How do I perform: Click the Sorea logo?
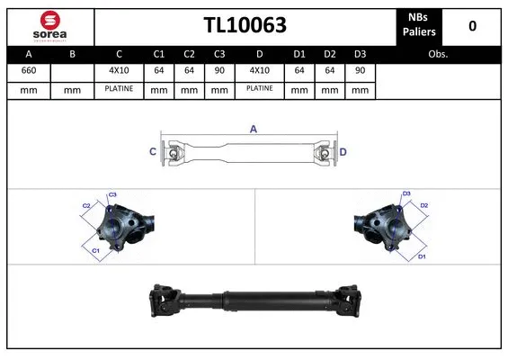(x=51, y=26)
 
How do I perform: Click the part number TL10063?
(x=245, y=26)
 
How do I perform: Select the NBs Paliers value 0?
(x=472, y=26)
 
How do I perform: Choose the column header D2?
(x=330, y=54)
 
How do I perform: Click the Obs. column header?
(x=438, y=54)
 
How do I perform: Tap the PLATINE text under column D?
(x=259, y=89)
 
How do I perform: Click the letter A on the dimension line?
(x=254, y=130)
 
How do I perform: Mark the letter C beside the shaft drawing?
(x=152, y=151)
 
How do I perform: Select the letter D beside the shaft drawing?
(x=343, y=151)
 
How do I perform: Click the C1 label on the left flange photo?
(x=95, y=250)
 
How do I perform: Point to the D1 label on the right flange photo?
(x=422, y=257)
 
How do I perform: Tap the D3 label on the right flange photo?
(x=406, y=193)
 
